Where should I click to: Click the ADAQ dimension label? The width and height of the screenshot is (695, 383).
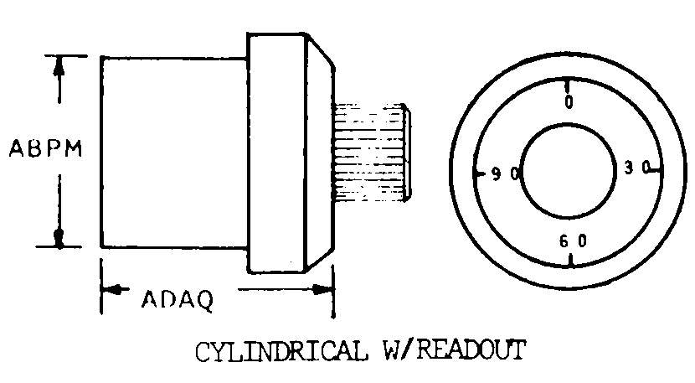(x=176, y=298)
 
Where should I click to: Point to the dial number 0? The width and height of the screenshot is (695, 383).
(x=569, y=102)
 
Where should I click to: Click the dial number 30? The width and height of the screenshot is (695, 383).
(x=637, y=168)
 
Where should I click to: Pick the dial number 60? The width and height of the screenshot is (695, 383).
(x=573, y=241)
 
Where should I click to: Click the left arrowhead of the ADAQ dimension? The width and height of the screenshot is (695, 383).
(x=109, y=290)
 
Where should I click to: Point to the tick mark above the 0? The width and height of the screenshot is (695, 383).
(x=569, y=85)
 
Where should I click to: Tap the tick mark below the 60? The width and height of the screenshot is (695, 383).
(x=570, y=261)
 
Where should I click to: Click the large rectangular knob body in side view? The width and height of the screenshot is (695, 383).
(x=173, y=152)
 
